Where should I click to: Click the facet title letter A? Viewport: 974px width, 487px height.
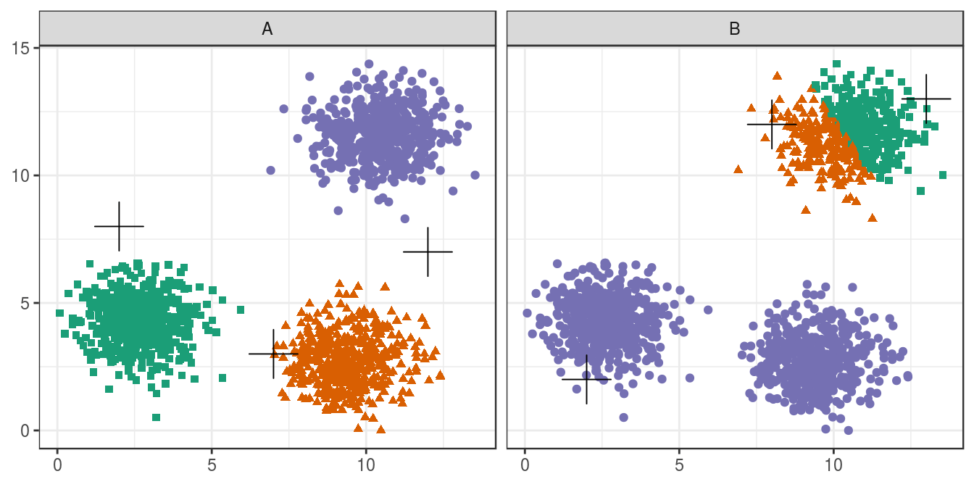[x=267, y=29]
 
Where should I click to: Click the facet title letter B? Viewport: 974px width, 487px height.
[x=735, y=29]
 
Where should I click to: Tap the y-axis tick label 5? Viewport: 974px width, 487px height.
[x=28, y=303]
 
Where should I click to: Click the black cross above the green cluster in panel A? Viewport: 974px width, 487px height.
[x=119, y=226]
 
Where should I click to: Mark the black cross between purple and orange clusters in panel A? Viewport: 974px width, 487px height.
[x=428, y=251]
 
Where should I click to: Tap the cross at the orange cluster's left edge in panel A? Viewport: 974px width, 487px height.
[x=273, y=354]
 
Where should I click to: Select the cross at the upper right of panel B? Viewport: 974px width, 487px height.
[x=926, y=99]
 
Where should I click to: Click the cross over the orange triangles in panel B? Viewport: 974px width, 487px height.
[x=772, y=124]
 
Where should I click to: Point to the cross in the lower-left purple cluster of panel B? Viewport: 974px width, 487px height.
[x=586, y=379]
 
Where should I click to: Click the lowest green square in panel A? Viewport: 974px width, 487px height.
[x=156, y=417]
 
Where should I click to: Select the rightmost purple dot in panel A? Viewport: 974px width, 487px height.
[x=475, y=175]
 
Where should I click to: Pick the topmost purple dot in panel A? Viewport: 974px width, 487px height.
[x=369, y=64]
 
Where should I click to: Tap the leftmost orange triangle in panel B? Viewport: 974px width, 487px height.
[x=738, y=170]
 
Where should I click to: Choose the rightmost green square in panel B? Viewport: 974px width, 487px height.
[x=943, y=175]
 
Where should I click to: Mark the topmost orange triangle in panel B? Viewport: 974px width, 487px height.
[x=777, y=75]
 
